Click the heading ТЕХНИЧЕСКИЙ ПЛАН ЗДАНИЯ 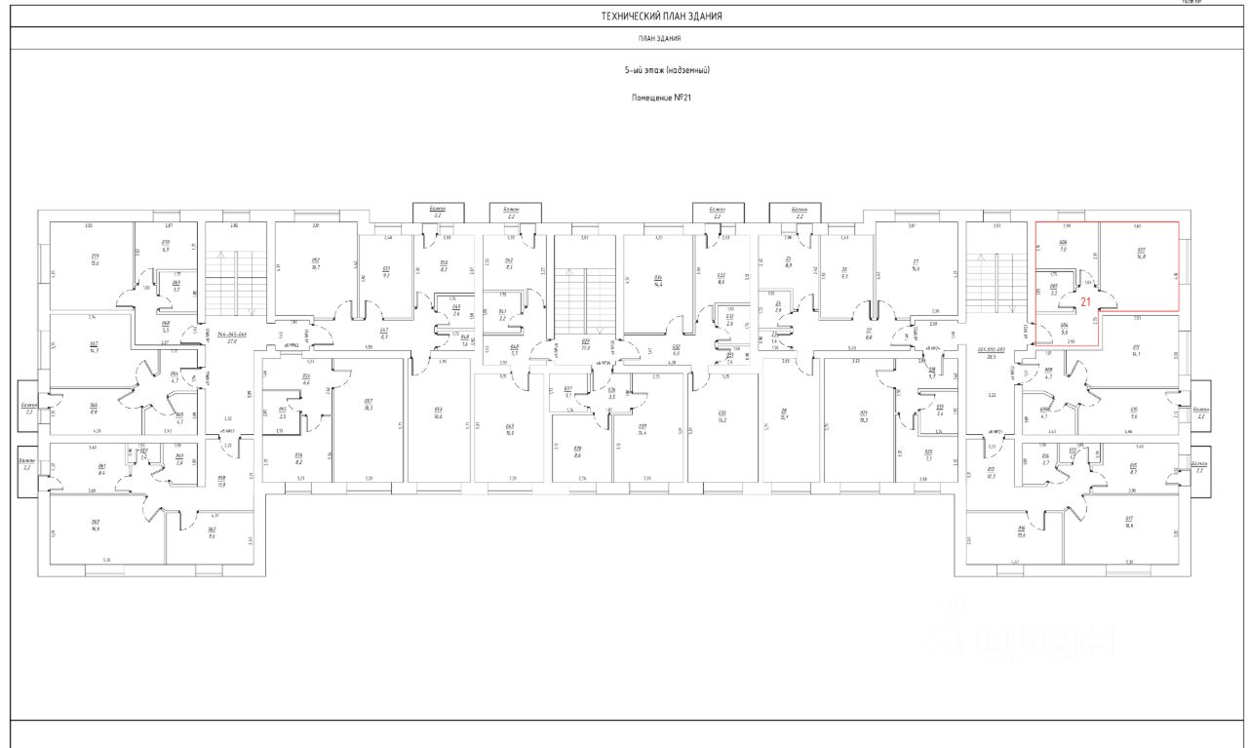[x=661, y=17]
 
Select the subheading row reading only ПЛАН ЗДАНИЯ [x=661, y=39]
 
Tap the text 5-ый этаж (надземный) [x=667, y=71]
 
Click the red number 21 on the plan [x=1085, y=303]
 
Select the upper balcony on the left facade [x=28, y=407]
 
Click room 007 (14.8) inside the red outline [x=1141, y=256]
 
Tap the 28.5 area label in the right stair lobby [x=992, y=355]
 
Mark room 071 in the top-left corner [x=95, y=260]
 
